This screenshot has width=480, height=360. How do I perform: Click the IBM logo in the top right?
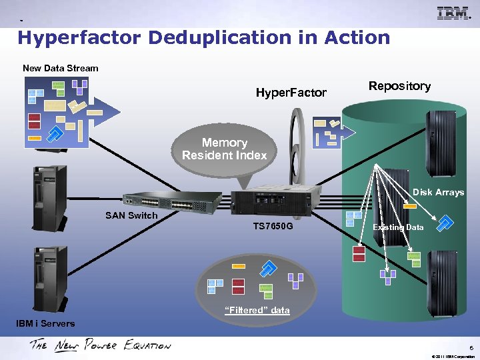[x=454, y=13]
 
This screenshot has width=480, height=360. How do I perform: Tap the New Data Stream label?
[x=60, y=68]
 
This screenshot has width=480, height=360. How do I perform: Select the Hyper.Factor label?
[x=291, y=93]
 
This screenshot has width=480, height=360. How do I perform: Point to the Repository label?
[x=399, y=86]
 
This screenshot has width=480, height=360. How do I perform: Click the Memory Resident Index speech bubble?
[x=225, y=149]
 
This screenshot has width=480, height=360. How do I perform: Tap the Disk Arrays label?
[x=438, y=192]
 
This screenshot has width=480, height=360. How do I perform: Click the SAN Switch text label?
[x=131, y=215]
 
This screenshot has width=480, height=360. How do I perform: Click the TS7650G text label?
[x=272, y=227]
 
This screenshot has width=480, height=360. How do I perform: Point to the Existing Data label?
[x=398, y=227]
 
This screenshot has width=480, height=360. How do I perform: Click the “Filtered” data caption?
[x=257, y=310]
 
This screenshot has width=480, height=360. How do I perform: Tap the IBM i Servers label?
[x=45, y=323]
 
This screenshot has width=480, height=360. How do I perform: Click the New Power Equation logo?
[x=100, y=345]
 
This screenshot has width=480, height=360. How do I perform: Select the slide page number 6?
[x=471, y=347]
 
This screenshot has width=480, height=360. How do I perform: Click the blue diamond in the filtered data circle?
[x=268, y=268]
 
